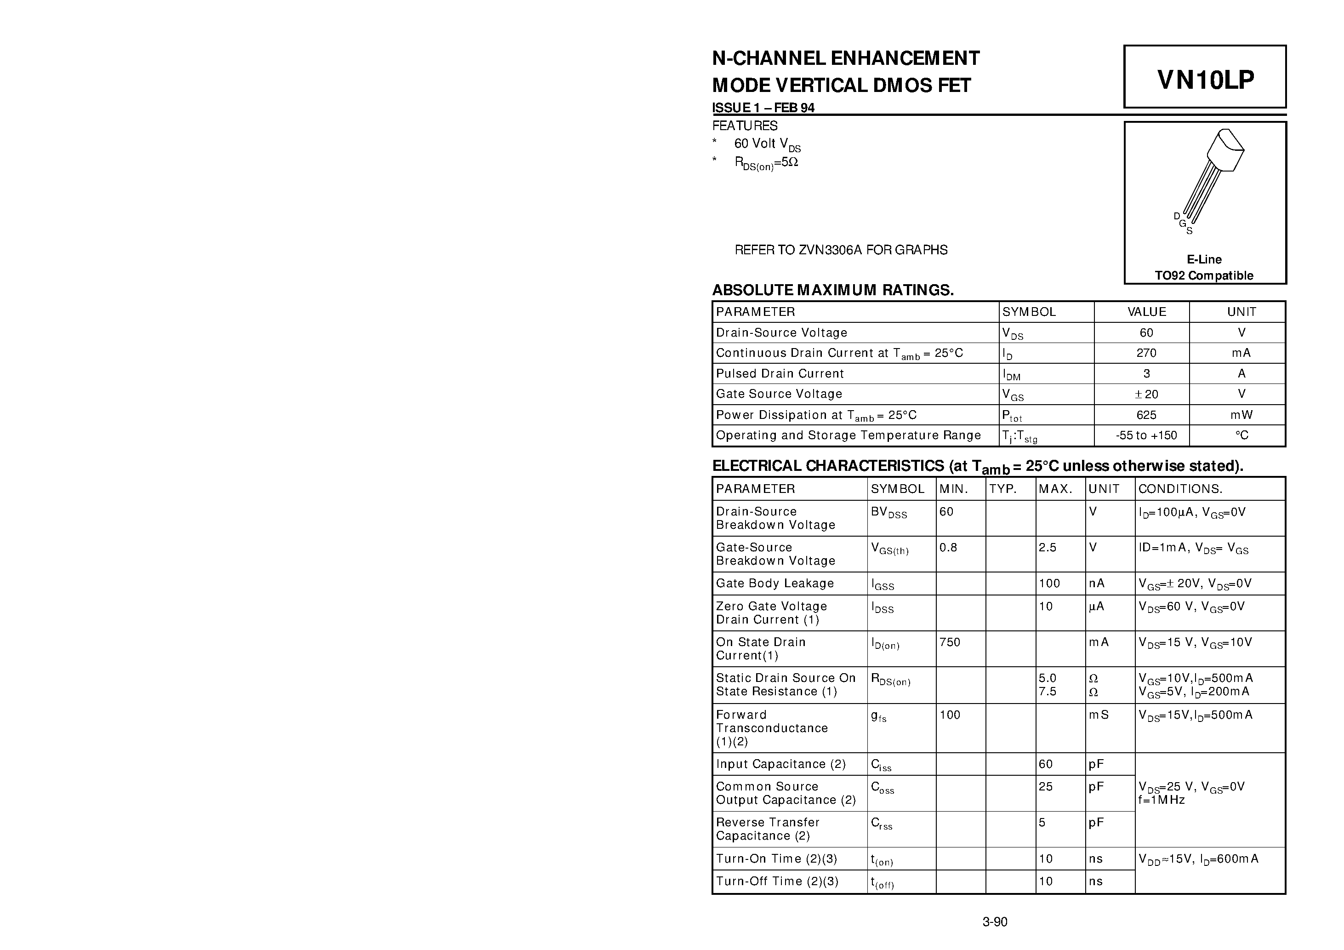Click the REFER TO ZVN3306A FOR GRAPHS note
point(841,250)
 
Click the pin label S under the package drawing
point(1190,231)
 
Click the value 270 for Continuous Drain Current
point(1146,353)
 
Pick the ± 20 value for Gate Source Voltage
point(1146,394)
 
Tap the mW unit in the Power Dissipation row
point(1241,415)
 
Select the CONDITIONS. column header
point(1179,489)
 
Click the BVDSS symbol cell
point(888,513)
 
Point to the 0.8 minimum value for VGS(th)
point(948,548)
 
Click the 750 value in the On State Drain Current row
point(950,642)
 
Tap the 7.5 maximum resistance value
point(1047,692)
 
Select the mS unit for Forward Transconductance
point(1099,715)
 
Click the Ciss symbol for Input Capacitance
point(881,765)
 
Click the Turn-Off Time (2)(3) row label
point(777,881)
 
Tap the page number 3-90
point(995,922)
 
